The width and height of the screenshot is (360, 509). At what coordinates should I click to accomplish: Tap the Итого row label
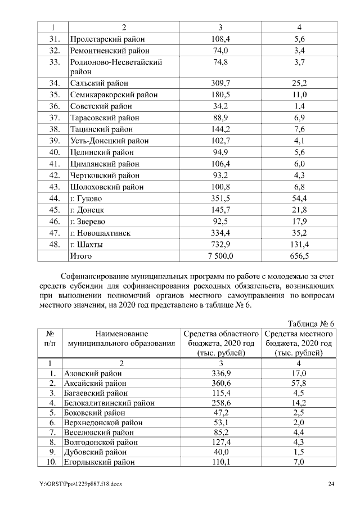(80, 256)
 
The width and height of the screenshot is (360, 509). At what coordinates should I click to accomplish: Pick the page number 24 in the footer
(331, 484)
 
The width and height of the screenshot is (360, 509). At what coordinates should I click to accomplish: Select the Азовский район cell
(93, 373)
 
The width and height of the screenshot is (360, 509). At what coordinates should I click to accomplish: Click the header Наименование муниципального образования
(121, 339)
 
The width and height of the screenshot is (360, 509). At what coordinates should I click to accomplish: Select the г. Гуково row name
(86, 198)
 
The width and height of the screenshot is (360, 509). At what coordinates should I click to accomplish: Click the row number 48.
(54, 244)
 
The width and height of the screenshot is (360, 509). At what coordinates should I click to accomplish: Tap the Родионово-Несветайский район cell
(115, 67)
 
